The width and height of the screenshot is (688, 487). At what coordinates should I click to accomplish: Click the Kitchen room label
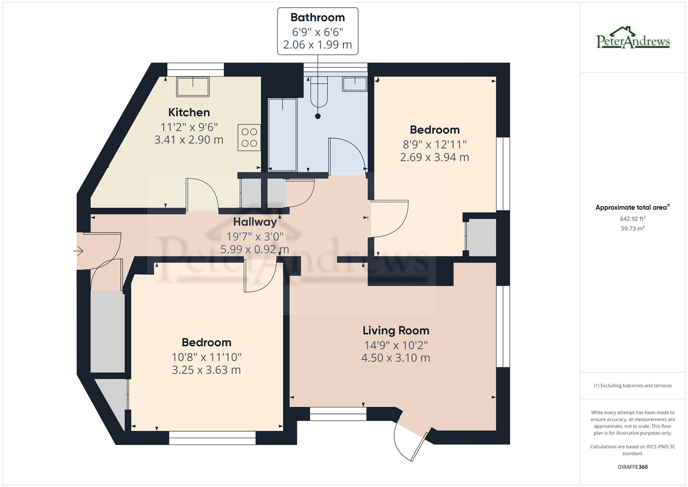189,113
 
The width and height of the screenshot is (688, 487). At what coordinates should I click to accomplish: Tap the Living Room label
396,331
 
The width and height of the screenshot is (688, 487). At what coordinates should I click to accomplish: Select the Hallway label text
255,222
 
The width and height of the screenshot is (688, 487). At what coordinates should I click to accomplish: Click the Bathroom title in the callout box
318,18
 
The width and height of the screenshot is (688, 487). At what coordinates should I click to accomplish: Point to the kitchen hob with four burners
249,138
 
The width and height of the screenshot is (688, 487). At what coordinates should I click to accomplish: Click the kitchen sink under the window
193,87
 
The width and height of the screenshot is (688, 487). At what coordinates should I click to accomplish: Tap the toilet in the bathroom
319,92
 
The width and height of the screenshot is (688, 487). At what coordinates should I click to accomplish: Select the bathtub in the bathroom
282,134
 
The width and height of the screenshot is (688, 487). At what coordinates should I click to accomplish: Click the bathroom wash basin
355,84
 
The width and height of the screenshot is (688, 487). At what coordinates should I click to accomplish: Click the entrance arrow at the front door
78,251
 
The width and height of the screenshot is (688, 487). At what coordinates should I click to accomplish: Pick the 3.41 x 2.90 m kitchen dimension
189,140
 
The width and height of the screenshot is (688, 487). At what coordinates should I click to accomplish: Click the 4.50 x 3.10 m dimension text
396,358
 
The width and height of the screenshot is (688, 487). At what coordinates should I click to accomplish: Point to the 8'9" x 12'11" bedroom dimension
435,144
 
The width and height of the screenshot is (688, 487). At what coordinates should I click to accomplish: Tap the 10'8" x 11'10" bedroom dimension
206,357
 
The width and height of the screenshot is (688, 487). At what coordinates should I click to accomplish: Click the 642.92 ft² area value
633,219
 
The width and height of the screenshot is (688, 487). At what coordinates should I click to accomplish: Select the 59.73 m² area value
633,229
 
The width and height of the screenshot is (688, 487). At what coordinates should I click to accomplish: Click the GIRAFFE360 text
633,467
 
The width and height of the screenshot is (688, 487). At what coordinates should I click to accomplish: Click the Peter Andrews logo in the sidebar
633,38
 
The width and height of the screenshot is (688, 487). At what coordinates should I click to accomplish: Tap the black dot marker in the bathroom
318,116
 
